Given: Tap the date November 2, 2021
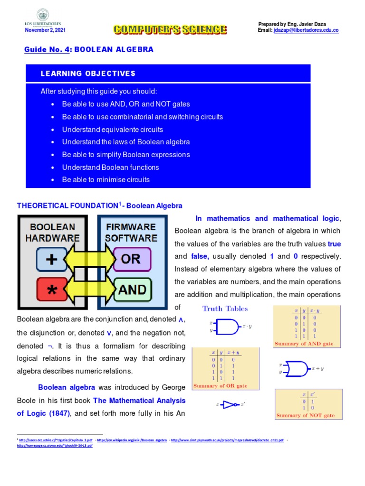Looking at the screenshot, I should (45, 30).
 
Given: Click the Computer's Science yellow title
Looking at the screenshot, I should (170, 29).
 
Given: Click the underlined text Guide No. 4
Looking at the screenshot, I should (47, 49).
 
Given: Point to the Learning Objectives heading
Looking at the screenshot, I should (88, 74).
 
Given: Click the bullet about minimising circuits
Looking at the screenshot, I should (106, 179).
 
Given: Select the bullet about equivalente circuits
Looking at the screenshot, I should (112, 129).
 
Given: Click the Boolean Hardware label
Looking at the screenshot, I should (53, 232).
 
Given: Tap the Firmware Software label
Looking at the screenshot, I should (131, 232).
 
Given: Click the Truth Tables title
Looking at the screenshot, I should (225, 308).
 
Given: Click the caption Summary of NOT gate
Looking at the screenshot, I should (305, 415).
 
